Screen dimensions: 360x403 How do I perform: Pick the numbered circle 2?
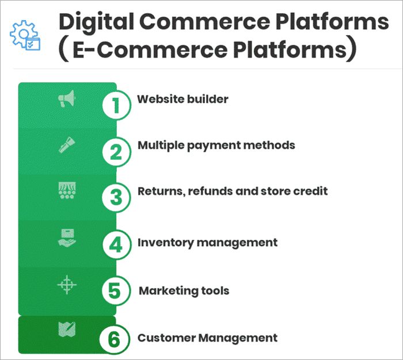(x=116, y=152)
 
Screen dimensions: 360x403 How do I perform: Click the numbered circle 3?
(x=116, y=197)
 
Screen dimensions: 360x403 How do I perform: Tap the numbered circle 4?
(x=116, y=244)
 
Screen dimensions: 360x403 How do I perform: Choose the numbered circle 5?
(x=116, y=290)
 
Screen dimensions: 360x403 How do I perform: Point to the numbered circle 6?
(x=116, y=338)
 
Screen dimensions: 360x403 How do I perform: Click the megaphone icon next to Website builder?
(x=67, y=101)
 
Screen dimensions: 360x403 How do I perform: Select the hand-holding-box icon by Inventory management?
(x=67, y=238)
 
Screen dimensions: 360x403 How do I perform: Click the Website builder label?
(x=183, y=99)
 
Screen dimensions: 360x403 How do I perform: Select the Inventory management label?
(x=207, y=243)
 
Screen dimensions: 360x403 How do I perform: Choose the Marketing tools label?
(x=184, y=290)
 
